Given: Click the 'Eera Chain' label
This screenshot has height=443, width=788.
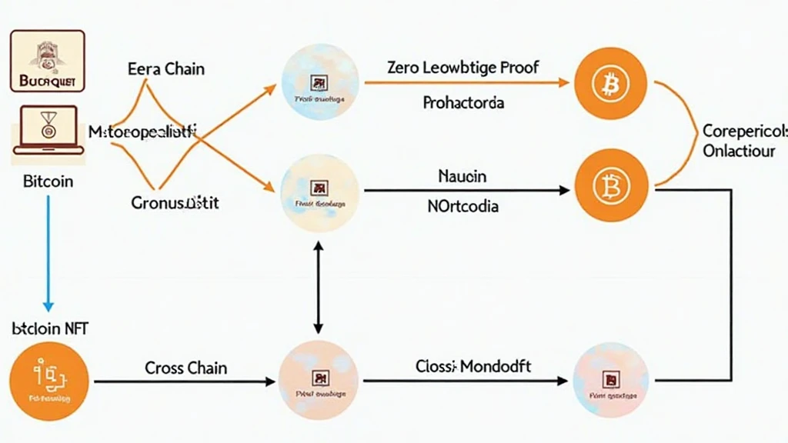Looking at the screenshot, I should click(166, 68).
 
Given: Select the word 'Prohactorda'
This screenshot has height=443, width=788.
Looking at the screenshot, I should click(463, 102).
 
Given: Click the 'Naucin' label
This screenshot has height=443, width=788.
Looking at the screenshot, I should click(462, 176).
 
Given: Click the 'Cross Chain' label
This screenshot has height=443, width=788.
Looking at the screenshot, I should click(185, 368).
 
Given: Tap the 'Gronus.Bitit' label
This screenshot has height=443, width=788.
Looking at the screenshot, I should click(175, 203).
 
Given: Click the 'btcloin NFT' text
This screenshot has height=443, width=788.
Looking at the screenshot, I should click(50, 328).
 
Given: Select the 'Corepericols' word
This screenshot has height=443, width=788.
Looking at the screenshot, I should click(745, 131).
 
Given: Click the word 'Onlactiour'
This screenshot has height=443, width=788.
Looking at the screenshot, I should click(739, 151).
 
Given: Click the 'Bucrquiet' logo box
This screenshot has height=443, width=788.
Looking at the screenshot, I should click(48, 61).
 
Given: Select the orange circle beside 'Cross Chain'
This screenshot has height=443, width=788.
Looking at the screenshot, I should click(49, 381).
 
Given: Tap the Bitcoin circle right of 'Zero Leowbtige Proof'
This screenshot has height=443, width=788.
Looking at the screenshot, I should click(612, 83).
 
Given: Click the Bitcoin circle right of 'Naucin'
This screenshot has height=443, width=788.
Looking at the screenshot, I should click(612, 186).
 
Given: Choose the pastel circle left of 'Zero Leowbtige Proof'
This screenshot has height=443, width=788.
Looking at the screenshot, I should click(319, 83).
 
